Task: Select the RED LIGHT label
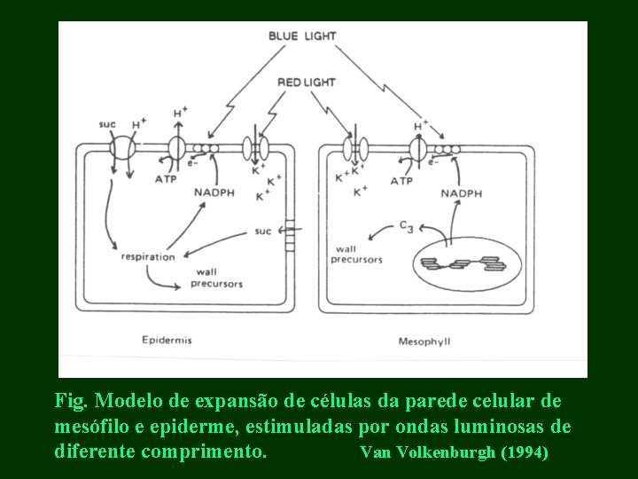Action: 306,82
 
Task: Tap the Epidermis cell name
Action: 167,340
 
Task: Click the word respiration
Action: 148,257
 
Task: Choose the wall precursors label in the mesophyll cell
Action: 356,254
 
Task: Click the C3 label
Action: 406,228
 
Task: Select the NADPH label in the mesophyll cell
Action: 463,192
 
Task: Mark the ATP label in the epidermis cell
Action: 166,178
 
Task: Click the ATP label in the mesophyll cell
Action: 401,181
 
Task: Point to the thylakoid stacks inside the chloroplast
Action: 459,263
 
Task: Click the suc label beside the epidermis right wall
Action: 262,232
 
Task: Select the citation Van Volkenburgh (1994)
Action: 454,453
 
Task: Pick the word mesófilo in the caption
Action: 89,427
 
